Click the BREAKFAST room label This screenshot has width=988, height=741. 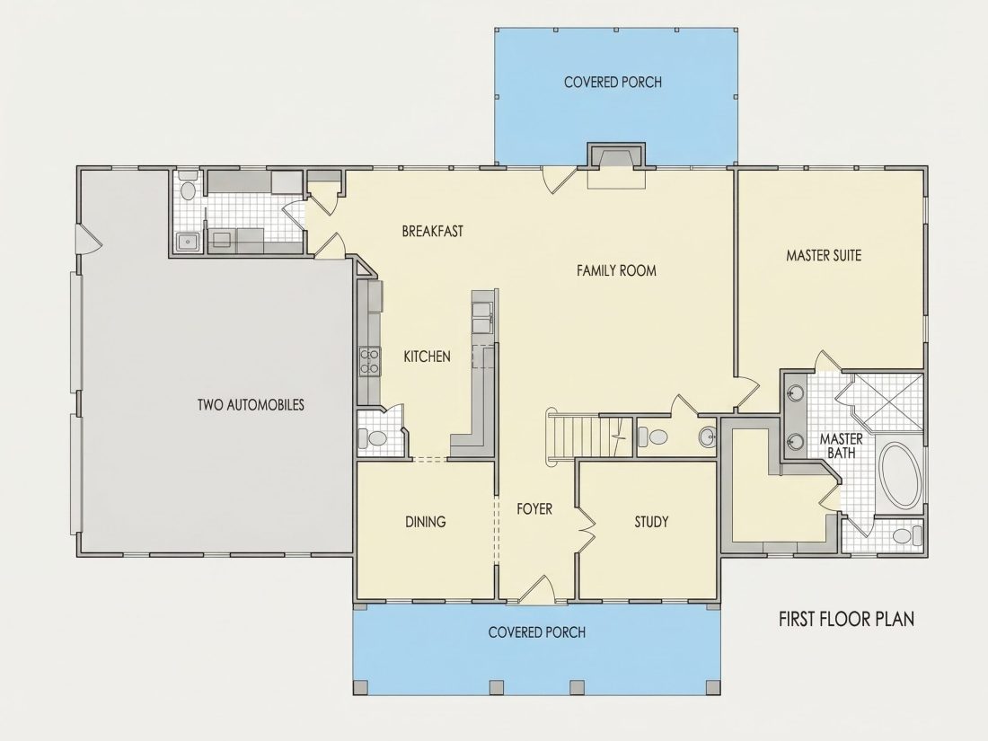click(432, 231)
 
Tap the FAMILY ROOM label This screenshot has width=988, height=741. click(616, 271)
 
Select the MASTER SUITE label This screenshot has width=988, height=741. click(824, 255)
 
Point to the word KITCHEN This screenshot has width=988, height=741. click(427, 357)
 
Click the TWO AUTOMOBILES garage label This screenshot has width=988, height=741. click(251, 404)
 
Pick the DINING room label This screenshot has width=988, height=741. click(426, 522)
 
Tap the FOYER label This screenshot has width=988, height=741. click(534, 508)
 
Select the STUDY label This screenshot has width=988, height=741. click(651, 522)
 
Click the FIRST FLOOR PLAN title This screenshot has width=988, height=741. click(846, 619)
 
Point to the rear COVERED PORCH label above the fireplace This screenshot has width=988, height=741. click(613, 82)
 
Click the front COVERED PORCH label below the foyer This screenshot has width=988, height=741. click(537, 632)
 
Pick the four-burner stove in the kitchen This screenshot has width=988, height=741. click(369, 362)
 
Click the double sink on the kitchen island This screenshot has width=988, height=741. click(483, 315)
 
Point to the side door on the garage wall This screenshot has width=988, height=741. click(88, 239)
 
